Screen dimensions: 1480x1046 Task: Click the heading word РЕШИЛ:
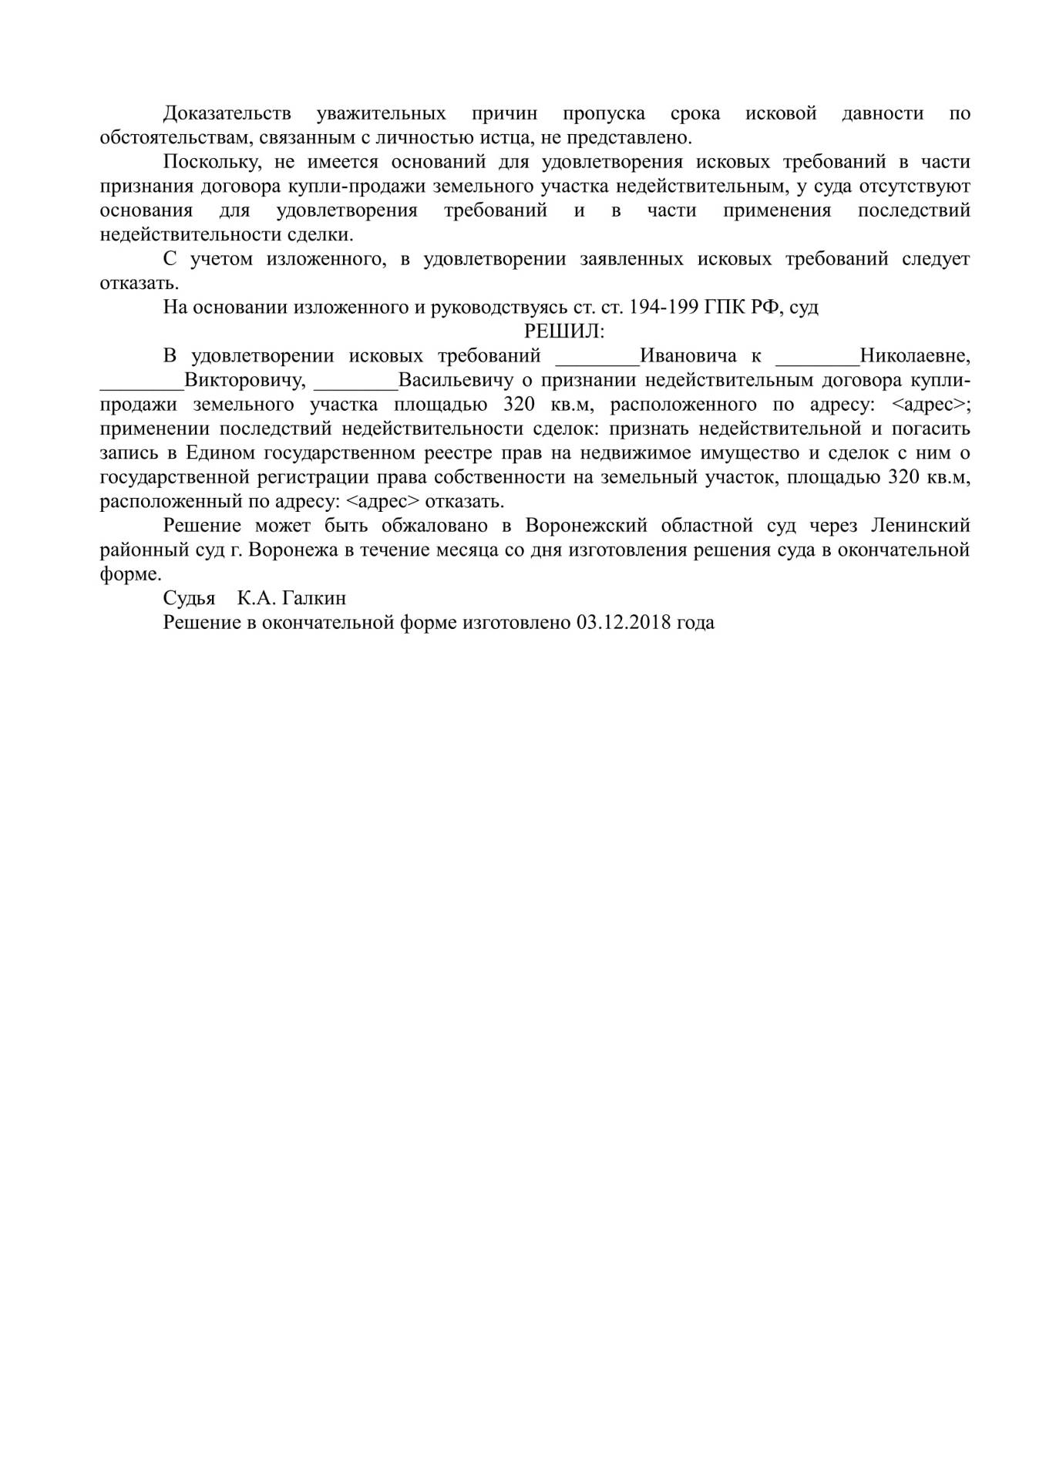pyautogui.click(x=564, y=331)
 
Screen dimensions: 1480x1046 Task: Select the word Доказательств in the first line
pyautogui.click(x=227, y=114)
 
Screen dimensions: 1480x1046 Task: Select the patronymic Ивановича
pyautogui.click(x=688, y=356)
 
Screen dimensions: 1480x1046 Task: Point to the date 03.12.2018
pyautogui.click(x=622, y=623)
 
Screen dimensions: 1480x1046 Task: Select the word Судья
pyautogui.click(x=189, y=598)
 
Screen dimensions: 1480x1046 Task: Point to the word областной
pyautogui.click(x=706, y=526)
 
